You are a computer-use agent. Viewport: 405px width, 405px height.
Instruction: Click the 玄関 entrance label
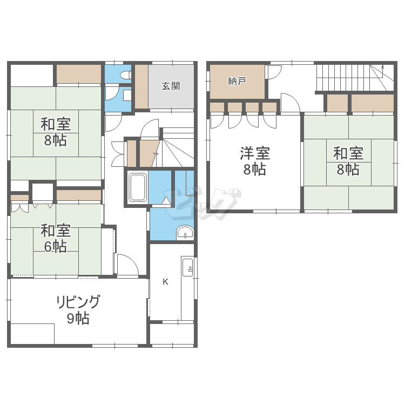pos(171,86)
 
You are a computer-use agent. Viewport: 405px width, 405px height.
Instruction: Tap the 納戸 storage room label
pos(237,81)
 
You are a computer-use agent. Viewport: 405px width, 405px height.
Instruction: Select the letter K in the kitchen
pos(165,282)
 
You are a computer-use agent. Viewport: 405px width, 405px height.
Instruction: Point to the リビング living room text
pos(78,302)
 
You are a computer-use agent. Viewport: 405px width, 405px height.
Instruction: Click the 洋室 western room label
pos(255,153)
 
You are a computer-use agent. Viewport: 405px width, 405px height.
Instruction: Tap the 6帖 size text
pos(55,246)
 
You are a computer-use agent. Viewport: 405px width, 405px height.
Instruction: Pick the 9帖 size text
pos(78,318)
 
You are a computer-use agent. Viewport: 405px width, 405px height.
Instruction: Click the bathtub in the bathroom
pos(138,187)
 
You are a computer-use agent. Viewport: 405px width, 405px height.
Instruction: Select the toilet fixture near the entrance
pos(126,75)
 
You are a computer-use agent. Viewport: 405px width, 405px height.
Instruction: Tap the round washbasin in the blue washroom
pos(185,233)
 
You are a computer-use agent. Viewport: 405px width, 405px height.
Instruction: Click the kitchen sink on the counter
pos(187,267)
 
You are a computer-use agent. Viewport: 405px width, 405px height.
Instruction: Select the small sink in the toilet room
pos(127,95)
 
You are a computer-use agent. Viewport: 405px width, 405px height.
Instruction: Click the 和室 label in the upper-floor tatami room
pos(348,153)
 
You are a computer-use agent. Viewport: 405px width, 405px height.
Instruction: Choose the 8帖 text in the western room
pos(255,170)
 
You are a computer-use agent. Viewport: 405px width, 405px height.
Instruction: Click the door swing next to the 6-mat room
pos(128,265)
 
